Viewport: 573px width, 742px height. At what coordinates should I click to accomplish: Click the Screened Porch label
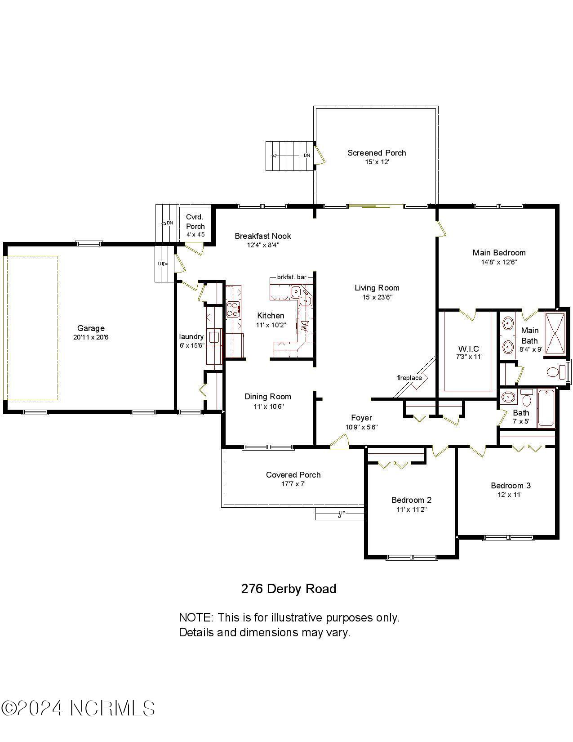pos(377,153)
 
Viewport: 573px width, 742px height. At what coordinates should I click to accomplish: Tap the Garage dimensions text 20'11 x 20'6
pos(91,337)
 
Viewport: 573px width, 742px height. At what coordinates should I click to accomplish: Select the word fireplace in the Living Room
pos(409,378)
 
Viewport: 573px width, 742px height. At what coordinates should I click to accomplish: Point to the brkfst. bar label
pos(292,277)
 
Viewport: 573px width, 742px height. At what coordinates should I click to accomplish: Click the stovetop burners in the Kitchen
pos(232,308)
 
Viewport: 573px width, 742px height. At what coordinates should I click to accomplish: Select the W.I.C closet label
pos(469,349)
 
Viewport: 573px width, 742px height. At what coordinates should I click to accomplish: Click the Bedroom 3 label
pos(511,486)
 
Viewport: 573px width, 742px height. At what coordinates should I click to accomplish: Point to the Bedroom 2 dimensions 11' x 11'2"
pos(411,510)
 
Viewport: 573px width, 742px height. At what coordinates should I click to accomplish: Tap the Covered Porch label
pos(293,475)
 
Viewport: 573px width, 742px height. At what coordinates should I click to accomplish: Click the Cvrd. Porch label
pos(195,222)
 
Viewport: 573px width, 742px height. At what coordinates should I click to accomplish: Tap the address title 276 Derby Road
pos(289,589)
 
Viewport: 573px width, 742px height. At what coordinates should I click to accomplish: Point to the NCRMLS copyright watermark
pos(78,709)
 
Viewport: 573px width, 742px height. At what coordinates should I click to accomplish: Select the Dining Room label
pos(268,397)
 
